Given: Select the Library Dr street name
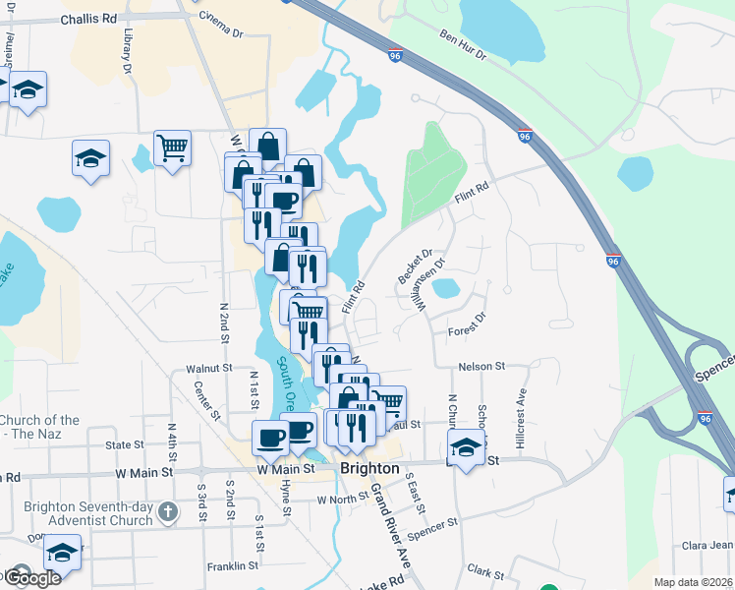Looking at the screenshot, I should (x=127, y=51).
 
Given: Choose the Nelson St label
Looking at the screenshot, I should (x=481, y=366).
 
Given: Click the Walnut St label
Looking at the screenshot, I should (x=207, y=369).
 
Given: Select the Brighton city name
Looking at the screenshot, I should (x=369, y=469).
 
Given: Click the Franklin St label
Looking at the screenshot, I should (x=232, y=566).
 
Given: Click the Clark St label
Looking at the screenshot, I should (x=485, y=570).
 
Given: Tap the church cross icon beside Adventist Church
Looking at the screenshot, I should (x=168, y=512).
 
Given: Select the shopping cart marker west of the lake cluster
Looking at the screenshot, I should (x=173, y=148).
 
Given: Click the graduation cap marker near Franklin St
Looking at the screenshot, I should (x=62, y=551).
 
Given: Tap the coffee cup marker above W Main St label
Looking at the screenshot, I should (x=269, y=437).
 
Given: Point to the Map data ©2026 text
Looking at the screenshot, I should (x=692, y=582).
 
